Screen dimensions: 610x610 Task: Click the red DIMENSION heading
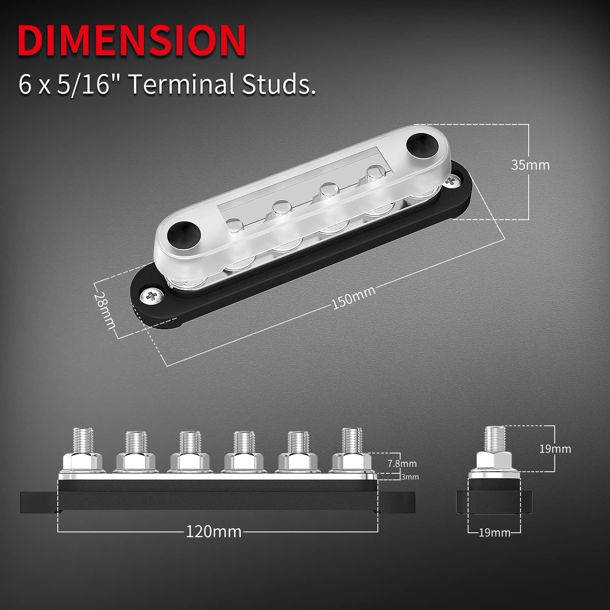131,41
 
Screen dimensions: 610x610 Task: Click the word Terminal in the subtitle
182,84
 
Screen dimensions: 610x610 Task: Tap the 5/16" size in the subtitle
83,84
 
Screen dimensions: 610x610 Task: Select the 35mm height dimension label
530,165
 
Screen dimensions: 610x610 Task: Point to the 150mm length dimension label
353,298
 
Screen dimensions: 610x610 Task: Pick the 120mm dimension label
213,532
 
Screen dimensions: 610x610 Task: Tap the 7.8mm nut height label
402,463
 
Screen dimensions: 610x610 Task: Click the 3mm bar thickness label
410,477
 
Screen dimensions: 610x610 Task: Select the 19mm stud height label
555,449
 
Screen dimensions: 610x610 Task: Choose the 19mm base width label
494,533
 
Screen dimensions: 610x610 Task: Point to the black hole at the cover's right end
422,144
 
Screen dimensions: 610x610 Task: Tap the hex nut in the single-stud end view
494,461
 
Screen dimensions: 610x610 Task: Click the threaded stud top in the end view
495,437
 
